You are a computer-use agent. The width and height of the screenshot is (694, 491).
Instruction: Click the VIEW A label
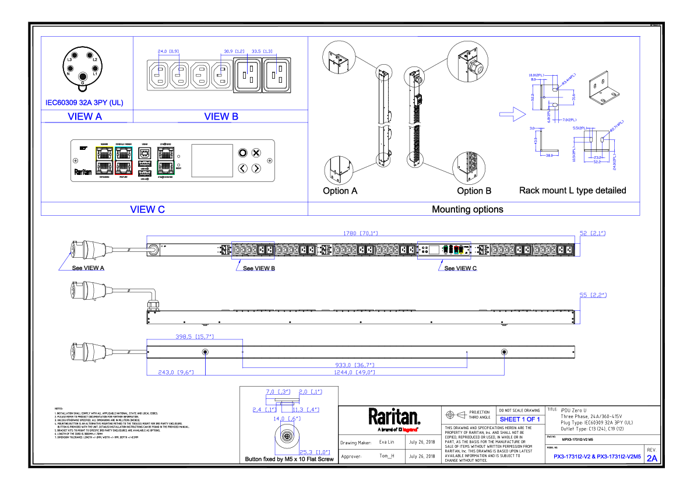[x=84, y=116]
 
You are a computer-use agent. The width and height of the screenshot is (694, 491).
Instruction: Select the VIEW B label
[x=221, y=116]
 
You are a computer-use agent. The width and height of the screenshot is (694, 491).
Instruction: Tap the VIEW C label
[x=147, y=209]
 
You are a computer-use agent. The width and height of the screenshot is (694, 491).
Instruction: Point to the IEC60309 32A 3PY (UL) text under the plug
[x=84, y=103]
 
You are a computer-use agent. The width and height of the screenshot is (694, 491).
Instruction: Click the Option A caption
[x=340, y=191]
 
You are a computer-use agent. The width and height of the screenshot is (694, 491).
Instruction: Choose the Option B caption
[x=474, y=191]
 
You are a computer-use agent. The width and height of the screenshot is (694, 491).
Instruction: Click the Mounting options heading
[x=467, y=209]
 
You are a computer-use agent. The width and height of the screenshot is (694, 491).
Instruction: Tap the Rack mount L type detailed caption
[x=572, y=190]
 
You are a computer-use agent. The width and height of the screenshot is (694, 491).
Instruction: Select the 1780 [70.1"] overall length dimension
[x=360, y=233]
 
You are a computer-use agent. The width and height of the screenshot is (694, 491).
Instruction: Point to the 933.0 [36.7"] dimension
[x=355, y=364]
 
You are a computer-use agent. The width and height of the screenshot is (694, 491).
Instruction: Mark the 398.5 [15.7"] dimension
[x=195, y=336]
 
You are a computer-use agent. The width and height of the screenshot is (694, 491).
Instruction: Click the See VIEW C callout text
[x=460, y=268]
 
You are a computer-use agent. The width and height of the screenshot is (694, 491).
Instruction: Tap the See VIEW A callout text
[x=88, y=268]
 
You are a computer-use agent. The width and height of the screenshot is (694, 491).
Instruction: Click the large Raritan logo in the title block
[x=394, y=416]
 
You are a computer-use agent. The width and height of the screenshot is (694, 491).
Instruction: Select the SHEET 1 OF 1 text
[x=520, y=419]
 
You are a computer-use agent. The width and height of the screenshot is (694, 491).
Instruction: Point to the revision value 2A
[x=651, y=458]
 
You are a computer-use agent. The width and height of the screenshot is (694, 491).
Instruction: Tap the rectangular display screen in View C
[x=212, y=160]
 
